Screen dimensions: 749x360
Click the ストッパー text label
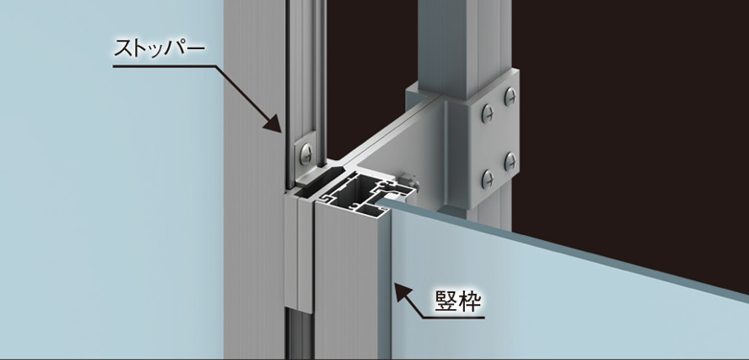(x=159, y=49)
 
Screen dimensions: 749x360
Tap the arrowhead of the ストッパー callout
(x=274, y=123)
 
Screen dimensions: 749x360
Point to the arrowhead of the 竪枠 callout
(x=402, y=292)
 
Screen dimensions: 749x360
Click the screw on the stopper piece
(x=306, y=154)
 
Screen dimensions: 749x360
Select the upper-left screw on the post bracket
(x=488, y=113)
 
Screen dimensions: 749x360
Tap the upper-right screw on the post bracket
(x=511, y=97)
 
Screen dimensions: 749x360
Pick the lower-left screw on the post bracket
(x=488, y=180)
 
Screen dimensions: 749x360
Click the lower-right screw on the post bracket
(x=511, y=161)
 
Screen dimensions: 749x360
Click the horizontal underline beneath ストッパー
(x=164, y=67)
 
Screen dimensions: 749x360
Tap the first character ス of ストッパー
(x=124, y=49)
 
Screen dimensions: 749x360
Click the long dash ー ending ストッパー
(x=196, y=49)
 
